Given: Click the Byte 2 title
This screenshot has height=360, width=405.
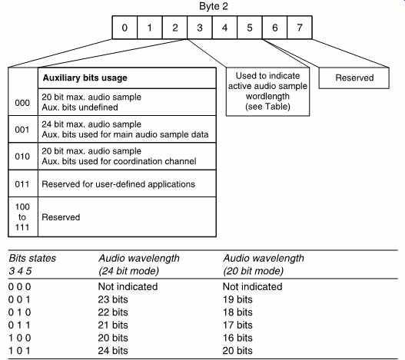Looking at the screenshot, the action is pos(214,6).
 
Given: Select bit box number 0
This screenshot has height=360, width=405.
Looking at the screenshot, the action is pos(124,28).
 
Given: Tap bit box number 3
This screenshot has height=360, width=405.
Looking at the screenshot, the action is pos(200,28).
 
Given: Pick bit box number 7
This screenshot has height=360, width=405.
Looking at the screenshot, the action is pos(300,28).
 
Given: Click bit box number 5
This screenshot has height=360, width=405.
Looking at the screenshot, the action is pos(250,28).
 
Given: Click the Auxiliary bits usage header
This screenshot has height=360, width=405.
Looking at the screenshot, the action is pos(85,78).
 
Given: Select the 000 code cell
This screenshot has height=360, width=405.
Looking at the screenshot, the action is pos(22,103).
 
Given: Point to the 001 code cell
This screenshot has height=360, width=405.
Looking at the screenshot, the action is pos(22,130).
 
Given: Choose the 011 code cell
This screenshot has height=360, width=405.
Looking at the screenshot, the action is pos(22,184).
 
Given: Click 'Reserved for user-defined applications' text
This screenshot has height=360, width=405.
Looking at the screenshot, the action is pos(118,184).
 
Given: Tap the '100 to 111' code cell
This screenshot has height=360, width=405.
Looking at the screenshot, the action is pos(22,216).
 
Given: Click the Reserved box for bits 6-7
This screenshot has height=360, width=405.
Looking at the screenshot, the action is pos(354,78).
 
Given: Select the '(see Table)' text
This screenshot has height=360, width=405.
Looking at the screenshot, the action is pos(267,107).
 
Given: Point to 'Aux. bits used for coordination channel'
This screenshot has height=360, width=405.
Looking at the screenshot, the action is pos(119,161).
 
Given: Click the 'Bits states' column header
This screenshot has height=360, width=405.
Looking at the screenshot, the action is pos(32,259).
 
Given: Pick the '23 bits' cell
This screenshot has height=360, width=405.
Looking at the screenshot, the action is pos(113,299).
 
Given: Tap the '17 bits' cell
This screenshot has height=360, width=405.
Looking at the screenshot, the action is pos(237,325).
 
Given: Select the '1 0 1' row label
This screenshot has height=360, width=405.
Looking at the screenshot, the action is pos(19,351).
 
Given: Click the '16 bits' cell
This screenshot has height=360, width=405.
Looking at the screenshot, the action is pos(237,338).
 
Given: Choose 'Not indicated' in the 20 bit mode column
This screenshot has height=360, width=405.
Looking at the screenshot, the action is pos(252,286).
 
